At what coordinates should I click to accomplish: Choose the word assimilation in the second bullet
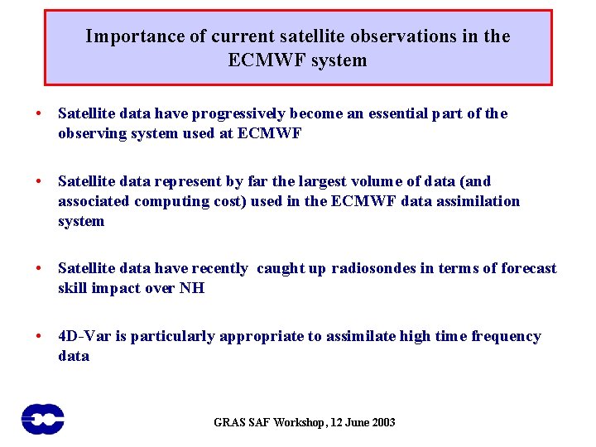coord(480,201)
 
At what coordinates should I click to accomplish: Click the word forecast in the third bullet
coord(525,268)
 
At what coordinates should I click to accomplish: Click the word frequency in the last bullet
coord(506,336)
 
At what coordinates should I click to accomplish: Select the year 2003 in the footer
coord(382,423)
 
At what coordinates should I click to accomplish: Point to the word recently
coord(219,268)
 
